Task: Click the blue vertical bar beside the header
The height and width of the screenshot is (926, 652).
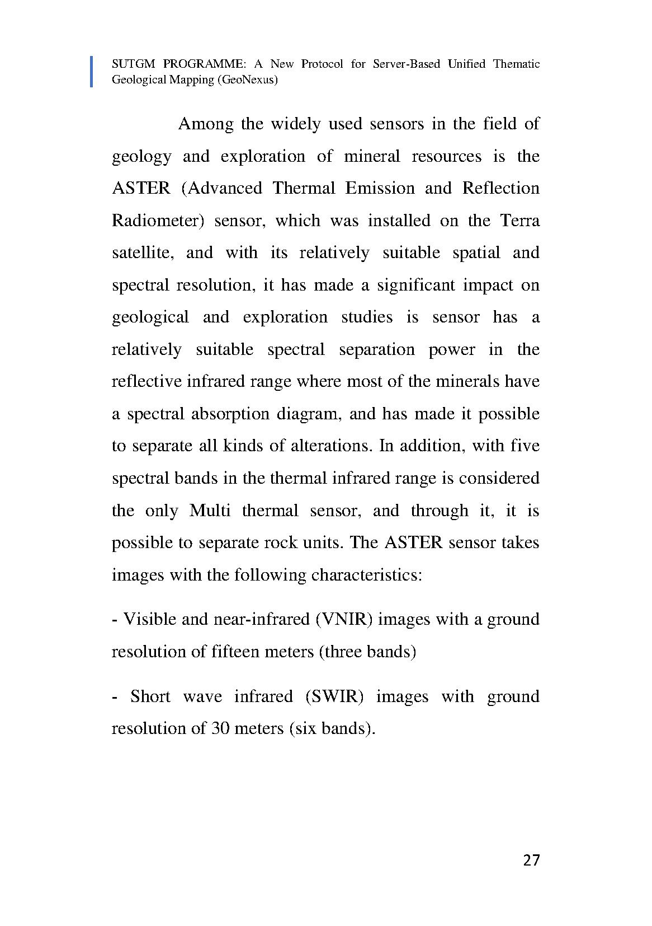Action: coord(92,72)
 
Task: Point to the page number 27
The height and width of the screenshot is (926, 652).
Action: coord(531,860)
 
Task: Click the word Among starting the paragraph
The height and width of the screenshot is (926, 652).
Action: coord(205,124)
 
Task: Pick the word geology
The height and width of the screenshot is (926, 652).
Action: coord(141,157)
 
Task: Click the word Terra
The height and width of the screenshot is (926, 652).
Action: coord(519,221)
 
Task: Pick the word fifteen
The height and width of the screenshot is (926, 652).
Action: coord(235,652)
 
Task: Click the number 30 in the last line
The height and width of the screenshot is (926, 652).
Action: coord(220,729)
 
